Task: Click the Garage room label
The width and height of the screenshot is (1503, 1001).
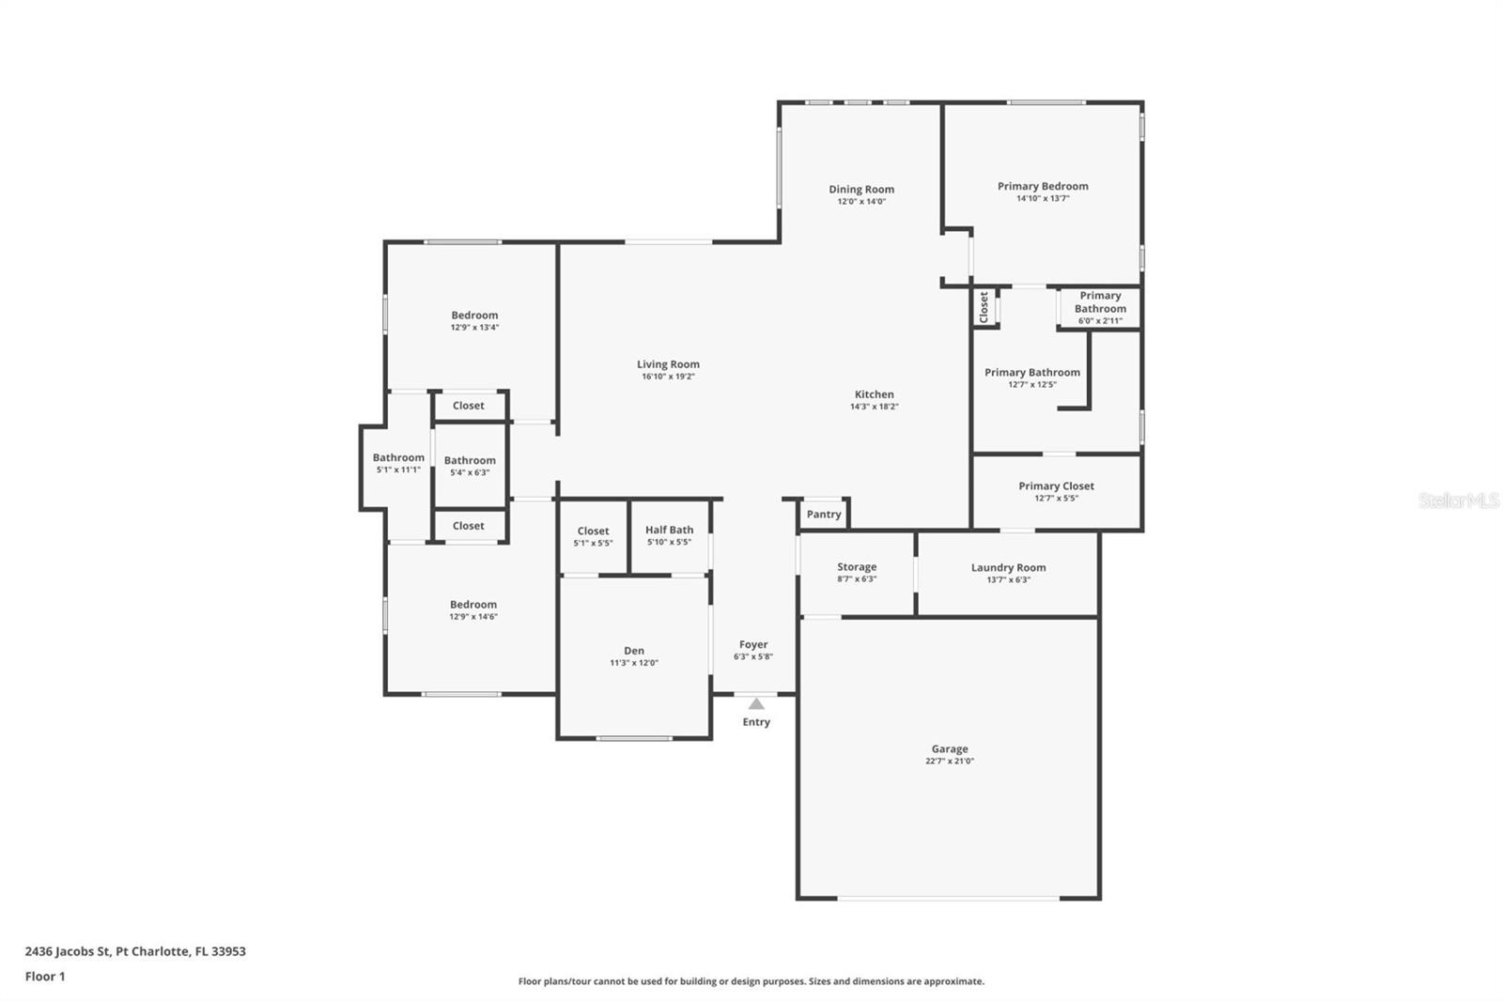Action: [x=950, y=748]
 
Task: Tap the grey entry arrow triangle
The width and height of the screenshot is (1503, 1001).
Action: [x=756, y=703]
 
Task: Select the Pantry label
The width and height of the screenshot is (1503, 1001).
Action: [x=824, y=514]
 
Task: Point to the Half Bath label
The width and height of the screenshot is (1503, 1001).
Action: [x=670, y=530]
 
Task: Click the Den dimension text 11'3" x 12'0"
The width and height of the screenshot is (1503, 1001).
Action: [x=634, y=663]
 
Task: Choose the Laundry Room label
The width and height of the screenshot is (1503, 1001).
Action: [x=1009, y=567]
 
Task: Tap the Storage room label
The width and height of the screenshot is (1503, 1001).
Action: [x=857, y=567]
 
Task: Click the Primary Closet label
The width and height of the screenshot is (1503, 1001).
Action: [x=1056, y=485]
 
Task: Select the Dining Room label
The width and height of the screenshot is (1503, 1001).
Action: [x=861, y=189]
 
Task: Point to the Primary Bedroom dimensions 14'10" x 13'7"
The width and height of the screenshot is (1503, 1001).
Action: [x=1043, y=198]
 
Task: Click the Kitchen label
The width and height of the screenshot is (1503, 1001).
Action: [x=875, y=394]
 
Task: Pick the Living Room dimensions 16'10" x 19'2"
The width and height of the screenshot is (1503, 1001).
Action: [x=668, y=377]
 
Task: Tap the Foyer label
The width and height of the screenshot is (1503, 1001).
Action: [x=753, y=645]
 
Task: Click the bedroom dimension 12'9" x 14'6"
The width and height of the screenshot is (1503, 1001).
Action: [x=473, y=617]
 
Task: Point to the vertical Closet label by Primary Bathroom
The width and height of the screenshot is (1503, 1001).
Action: [x=984, y=307]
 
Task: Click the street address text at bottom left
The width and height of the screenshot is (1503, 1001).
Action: [x=135, y=951]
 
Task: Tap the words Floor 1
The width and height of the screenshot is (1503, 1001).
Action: [x=45, y=977]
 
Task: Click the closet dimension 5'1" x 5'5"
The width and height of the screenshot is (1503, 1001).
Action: [x=593, y=544]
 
